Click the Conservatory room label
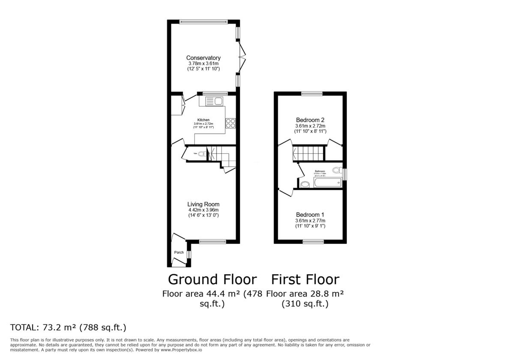pyautogui.click(x=203, y=58)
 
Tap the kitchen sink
pyautogui.click(x=213, y=101)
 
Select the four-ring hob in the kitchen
pyautogui.click(x=230, y=123)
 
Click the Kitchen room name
pyautogui.click(x=203, y=120)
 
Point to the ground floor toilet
pyautogui.click(x=201, y=153)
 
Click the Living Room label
pyautogui.click(x=203, y=204)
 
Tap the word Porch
pyautogui.click(x=179, y=252)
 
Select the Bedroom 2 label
pyautogui.click(x=310, y=120)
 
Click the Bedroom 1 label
pyautogui.click(x=310, y=215)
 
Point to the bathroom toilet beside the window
pyautogui.click(x=337, y=171)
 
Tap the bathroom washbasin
pyautogui.click(x=305, y=184)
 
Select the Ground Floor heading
pyautogui.click(x=212, y=279)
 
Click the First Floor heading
pyautogui.click(x=305, y=279)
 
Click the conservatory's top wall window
pyautogui.click(x=203, y=21)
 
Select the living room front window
pyautogui.click(x=212, y=242)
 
